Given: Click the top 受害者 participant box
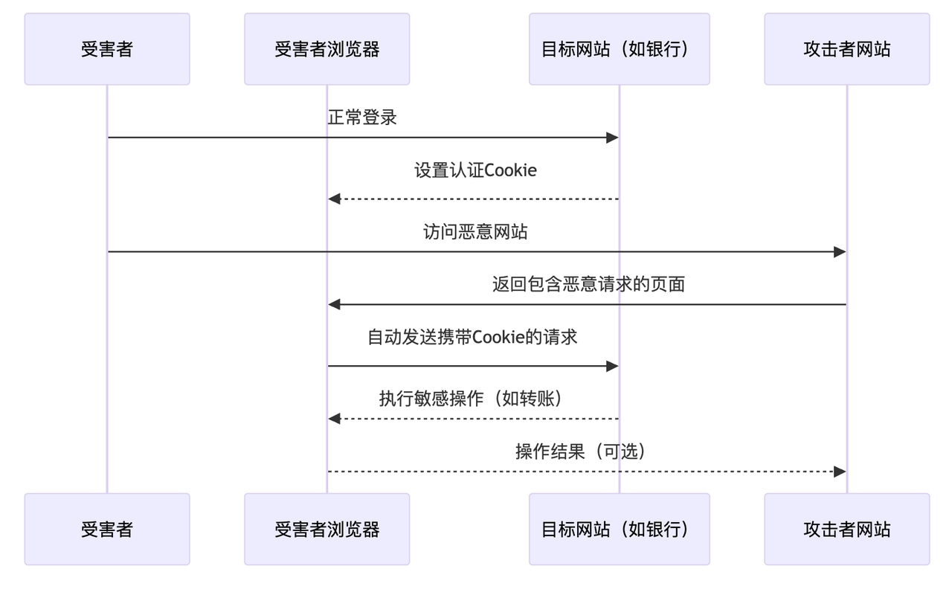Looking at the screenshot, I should point(107,49).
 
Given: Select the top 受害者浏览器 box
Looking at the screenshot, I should point(327,49).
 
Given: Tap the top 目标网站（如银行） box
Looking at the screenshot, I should point(619,49).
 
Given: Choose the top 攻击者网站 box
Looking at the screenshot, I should point(846,49).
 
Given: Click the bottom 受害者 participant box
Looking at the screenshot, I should point(107,529).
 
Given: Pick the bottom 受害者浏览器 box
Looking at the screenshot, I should point(327,529).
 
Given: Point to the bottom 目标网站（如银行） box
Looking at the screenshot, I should point(619,529).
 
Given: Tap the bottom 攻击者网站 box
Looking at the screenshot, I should point(846,529).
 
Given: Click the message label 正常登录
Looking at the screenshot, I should point(362,118).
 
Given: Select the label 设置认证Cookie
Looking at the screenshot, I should point(475,170).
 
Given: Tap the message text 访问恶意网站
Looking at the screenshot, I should point(475,232).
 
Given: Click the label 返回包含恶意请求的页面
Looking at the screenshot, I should point(588,284).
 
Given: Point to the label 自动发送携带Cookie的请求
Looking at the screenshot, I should point(472,337).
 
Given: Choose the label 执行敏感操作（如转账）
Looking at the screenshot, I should point(472,399).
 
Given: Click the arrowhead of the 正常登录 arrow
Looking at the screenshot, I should point(613,138).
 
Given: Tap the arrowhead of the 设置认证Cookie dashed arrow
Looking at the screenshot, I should point(335,199).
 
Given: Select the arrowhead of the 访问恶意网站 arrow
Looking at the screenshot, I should point(840,252).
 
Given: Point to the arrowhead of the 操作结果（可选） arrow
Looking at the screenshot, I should point(840,472).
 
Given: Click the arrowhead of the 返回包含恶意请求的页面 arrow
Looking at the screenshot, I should point(335,304).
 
